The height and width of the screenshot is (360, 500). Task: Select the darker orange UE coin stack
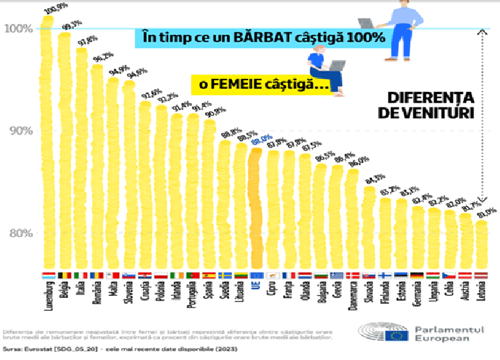pyautogui.click(x=255, y=205)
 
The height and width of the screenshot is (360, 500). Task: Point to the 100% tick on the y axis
pyautogui.click(x=17, y=28)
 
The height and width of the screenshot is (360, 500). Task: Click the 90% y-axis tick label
pyautogui.click(x=17, y=130)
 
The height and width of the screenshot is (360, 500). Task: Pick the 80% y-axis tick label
pyautogui.click(x=17, y=233)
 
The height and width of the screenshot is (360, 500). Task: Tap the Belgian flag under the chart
pyautogui.click(x=64, y=275)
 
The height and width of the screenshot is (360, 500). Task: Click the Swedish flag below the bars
pyautogui.click(x=224, y=275)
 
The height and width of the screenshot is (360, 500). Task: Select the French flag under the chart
pyautogui.click(x=288, y=275)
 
